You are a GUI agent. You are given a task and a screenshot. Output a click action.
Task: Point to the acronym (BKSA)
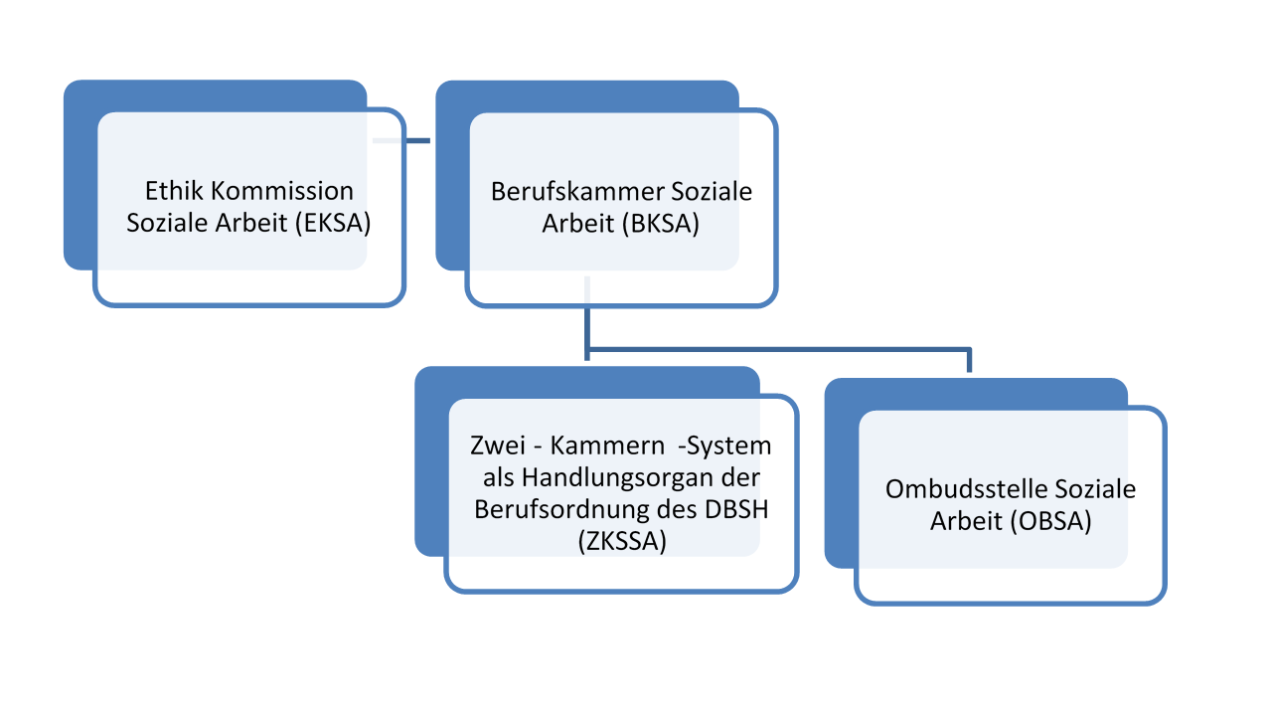662,225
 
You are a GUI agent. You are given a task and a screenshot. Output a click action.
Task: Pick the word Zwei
494,445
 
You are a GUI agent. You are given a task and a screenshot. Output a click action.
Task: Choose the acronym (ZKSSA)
621,542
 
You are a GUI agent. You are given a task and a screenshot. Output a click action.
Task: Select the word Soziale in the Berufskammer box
713,191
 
